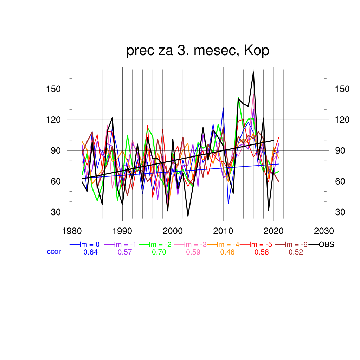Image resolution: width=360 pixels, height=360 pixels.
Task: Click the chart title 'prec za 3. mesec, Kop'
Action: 198,51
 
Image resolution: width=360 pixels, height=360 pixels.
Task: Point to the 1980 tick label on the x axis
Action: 72,231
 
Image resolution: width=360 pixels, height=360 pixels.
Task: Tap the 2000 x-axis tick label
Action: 173,231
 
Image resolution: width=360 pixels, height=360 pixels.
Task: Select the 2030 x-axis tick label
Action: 324,231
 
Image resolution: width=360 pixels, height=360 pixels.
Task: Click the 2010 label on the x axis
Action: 223,231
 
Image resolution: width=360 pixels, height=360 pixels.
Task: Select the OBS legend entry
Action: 326,245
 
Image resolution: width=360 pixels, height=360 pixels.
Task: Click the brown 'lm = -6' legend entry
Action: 296,245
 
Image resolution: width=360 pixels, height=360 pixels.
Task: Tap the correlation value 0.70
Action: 159,252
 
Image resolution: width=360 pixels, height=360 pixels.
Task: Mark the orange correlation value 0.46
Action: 227,252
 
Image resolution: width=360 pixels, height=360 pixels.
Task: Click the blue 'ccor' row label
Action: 54,252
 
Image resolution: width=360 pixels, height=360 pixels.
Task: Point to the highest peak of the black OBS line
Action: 253,72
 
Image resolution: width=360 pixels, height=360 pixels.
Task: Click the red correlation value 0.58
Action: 262,252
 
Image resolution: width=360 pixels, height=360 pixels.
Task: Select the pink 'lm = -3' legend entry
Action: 193,245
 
